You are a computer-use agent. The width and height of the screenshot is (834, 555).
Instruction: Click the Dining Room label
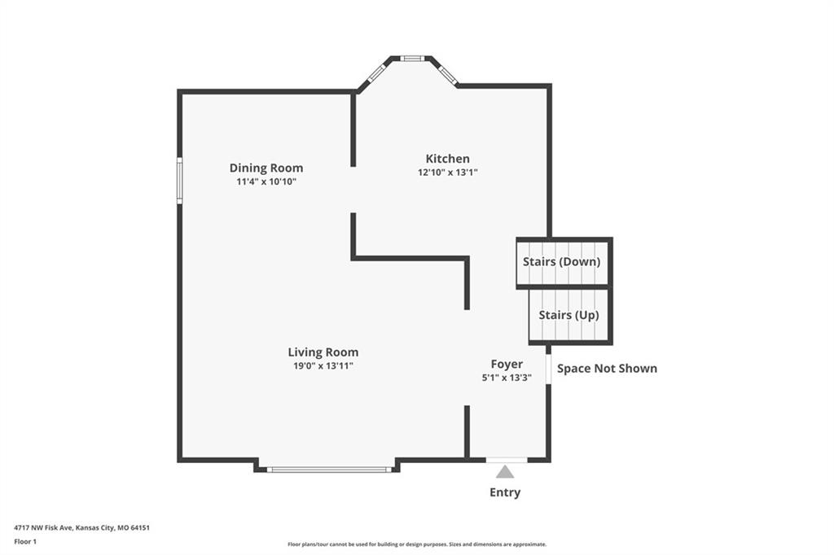[266, 168]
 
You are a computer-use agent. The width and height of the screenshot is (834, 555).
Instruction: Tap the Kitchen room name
[447, 159]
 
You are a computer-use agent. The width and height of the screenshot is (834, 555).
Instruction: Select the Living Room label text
[323, 352]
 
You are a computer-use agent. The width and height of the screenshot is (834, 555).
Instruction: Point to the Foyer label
[507, 364]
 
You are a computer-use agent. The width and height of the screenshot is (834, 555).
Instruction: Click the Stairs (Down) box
[564, 263]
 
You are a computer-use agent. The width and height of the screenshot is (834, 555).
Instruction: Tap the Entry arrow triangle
[505, 472]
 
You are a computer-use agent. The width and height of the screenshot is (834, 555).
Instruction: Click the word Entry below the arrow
[505, 492]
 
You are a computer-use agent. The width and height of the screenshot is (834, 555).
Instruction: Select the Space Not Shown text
[607, 369]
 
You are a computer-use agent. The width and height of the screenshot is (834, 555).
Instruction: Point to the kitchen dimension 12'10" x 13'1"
[447, 173]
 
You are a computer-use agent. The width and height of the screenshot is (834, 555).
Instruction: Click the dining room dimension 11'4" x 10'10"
[266, 181]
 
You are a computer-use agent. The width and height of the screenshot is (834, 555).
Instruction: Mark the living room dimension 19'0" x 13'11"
[323, 365]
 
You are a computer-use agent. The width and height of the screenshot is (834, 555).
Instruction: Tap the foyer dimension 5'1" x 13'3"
[507, 378]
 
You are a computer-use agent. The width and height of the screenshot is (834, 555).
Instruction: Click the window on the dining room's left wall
[180, 180]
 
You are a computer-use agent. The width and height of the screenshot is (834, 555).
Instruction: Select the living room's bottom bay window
[329, 470]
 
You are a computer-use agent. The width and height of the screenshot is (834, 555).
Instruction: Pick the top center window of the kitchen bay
[411, 59]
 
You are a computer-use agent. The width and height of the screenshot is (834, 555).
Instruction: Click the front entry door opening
[507, 460]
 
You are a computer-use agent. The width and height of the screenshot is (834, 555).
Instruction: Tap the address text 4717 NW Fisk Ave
[44, 528]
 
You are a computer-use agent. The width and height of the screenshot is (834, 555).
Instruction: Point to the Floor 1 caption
[25, 542]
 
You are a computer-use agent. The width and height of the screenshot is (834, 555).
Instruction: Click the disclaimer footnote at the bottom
[417, 544]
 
